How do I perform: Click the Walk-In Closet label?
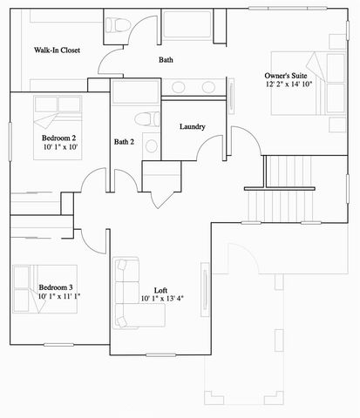[x=58, y=51]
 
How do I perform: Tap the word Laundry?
[x=192, y=127]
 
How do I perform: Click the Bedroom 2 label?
[x=58, y=138]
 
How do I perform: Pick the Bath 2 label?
[x=125, y=141]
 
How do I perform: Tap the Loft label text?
[x=161, y=290]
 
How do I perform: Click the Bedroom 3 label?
[x=55, y=287]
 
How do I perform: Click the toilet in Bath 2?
[x=146, y=118]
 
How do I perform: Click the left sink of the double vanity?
[x=180, y=87]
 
